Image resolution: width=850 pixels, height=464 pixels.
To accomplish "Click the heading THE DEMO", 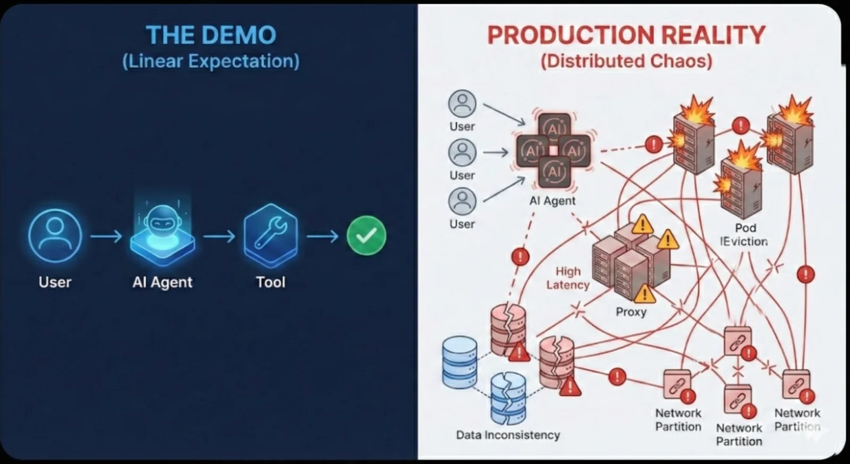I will pos(211,35).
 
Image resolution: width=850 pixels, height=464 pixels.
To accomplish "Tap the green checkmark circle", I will pos(366,235).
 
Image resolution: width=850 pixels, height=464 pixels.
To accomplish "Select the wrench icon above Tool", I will pos(270,234).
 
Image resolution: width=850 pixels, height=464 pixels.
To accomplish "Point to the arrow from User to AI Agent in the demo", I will pos(106,235).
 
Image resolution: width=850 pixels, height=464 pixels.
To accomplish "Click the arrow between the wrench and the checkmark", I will pos(322,235).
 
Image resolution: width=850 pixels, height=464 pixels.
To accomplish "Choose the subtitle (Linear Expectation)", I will pos(211,61).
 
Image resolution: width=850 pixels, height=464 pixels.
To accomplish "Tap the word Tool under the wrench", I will pos(270,282).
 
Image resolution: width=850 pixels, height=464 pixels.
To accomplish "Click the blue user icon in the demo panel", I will pos(55,235).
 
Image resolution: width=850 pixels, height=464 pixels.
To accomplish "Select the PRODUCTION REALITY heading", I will pos(626,35).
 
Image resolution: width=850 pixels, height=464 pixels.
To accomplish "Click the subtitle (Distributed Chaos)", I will pos(626,61).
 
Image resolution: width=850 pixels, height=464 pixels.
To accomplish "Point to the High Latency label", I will pos(568,278).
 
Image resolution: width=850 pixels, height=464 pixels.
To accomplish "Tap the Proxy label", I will pos(631,311).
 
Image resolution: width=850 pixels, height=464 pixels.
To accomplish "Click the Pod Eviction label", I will pos(744,234).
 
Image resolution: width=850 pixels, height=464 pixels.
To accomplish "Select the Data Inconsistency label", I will pos(508,435).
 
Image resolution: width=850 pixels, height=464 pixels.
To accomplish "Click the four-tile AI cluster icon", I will pos(554,151).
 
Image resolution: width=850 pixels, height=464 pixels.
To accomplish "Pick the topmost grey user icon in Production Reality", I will pos(462,104).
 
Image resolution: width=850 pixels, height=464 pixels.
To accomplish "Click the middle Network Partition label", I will pos(739,434).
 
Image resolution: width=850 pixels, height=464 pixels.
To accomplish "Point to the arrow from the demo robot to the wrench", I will pos(219,235).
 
